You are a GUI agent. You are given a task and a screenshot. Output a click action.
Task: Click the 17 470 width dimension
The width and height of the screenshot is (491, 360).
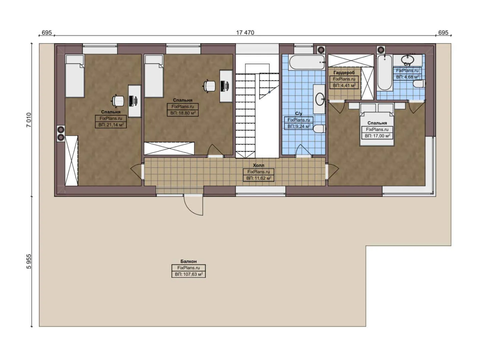pyautogui.click(x=245, y=33)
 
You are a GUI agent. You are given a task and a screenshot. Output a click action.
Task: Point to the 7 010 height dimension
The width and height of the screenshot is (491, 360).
pyautogui.click(x=29, y=120)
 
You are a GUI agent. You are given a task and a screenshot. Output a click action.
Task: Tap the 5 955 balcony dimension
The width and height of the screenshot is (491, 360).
pyautogui.click(x=29, y=261)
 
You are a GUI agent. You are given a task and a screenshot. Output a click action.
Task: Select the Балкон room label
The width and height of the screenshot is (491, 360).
pyautogui.click(x=188, y=261)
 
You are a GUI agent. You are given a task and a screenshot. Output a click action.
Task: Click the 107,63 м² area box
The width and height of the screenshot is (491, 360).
pyautogui.click(x=188, y=274)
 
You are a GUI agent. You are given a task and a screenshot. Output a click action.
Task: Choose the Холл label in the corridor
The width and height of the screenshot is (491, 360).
pyautogui.click(x=258, y=165)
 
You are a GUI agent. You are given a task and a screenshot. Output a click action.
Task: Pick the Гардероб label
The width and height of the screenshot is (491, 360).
pyautogui.click(x=344, y=73)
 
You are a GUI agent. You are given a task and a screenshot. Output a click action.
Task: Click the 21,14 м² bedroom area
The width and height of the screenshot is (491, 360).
pyautogui.click(x=111, y=125)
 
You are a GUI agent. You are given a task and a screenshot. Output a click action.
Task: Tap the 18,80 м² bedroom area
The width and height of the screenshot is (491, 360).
pyautogui.click(x=183, y=113)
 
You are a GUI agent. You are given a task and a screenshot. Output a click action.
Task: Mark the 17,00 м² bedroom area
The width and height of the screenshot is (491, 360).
pyautogui.click(x=377, y=136)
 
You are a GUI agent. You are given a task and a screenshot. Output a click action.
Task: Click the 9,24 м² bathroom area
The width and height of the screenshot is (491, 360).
pyautogui.click(x=299, y=126)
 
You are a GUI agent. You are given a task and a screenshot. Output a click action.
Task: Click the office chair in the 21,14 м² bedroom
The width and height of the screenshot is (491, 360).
pyautogui.click(x=118, y=100)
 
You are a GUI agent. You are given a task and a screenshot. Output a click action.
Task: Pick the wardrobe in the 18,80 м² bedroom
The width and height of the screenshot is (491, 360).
pyautogui.click(x=169, y=148)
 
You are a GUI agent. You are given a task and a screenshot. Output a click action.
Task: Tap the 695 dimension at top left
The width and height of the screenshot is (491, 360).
pyautogui.click(x=47, y=33)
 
